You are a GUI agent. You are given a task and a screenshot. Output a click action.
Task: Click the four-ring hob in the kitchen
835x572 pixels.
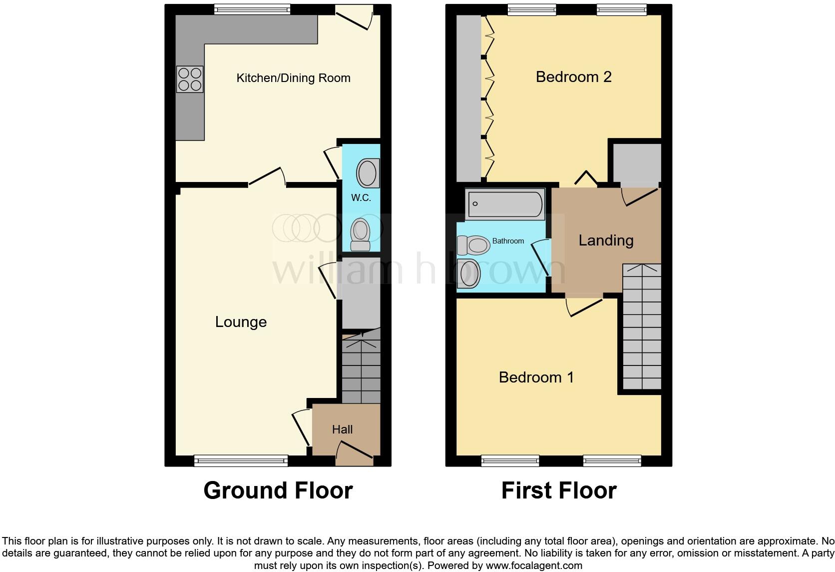click(x=190, y=79)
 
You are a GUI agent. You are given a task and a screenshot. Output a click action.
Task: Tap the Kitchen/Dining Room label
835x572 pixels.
click(x=293, y=78)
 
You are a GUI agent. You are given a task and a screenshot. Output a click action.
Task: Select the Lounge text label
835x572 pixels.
click(x=241, y=322)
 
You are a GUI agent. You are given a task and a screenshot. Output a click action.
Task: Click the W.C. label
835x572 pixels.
click(x=361, y=198)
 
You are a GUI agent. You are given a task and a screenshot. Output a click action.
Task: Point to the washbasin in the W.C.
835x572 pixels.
click(x=368, y=173)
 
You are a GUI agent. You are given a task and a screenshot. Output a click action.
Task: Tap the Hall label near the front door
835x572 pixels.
click(x=343, y=429)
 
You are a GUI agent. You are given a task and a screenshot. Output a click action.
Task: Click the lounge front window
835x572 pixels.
click(x=241, y=460)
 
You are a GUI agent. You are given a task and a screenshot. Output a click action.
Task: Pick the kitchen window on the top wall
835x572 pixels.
click(x=252, y=9)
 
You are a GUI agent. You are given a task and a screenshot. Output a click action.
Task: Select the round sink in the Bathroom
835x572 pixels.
click(x=469, y=274)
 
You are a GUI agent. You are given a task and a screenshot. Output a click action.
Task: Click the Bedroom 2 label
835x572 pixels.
click(x=573, y=77)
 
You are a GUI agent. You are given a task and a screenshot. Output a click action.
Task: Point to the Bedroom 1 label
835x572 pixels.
click(x=536, y=377)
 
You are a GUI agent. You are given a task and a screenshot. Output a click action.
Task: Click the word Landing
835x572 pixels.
click(x=606, y=240)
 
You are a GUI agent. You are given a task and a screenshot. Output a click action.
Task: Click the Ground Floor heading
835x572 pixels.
click(x=278, y=490)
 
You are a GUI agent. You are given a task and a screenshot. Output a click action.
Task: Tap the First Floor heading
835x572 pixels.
click(x=559, y=490)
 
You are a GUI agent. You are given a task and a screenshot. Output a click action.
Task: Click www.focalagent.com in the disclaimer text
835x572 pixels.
click(x=533, y=566)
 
